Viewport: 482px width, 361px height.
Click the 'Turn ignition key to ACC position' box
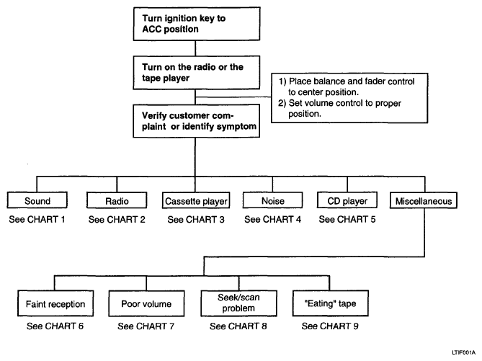197,24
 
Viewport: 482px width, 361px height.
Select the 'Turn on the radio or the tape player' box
197,73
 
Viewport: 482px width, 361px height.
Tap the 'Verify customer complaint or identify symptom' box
197,121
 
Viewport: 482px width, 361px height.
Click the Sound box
37,200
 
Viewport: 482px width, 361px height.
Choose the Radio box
117,200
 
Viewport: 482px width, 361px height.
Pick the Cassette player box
196,200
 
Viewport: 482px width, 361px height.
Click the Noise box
272,200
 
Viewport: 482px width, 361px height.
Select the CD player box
347,200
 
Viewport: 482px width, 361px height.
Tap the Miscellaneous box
424,200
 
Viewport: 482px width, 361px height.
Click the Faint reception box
55,303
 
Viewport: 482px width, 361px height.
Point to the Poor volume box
146,303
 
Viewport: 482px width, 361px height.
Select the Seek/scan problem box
238,303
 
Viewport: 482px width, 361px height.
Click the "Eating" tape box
331,303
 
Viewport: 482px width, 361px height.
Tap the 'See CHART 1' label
37,219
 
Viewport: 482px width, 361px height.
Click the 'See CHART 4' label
272,219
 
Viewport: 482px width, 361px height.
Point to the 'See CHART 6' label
55,326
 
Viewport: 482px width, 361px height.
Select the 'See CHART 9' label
330,326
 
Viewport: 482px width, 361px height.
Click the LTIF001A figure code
463,352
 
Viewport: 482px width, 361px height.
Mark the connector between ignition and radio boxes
195,48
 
